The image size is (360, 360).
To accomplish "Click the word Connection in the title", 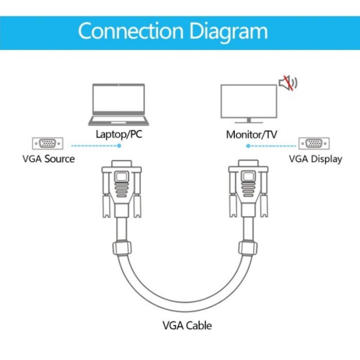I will click(130, 32).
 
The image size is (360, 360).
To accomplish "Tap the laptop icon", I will click(119, 104).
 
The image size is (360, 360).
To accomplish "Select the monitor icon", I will click(248, 103).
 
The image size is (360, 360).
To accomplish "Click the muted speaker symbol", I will click(288, 83).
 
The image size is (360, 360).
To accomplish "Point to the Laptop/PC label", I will click(119, 134).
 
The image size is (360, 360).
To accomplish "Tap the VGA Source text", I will click(49, 159).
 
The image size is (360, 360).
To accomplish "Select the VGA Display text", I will click(315, 159).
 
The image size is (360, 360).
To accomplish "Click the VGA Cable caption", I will click(187, 325).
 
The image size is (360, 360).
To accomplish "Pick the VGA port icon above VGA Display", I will click(314, 144).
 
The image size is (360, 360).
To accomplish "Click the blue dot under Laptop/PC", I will click(119, 146).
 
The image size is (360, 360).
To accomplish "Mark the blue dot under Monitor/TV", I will click(248, 146).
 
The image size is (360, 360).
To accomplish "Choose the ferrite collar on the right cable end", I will click(247, 248).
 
